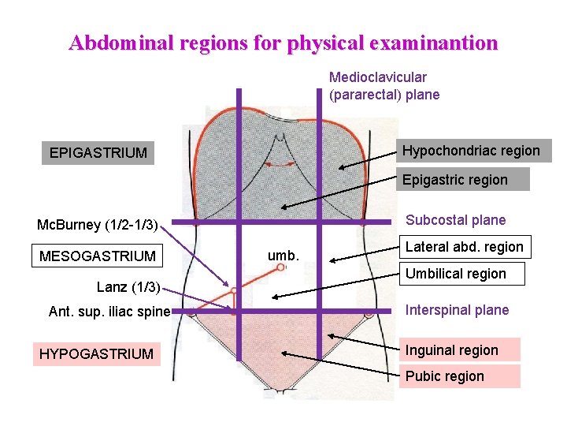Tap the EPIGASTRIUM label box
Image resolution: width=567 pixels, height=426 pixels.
pos(98,152)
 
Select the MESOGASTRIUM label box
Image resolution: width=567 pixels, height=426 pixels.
pos(98,256)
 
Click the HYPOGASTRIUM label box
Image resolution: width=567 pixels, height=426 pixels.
pos(97,354)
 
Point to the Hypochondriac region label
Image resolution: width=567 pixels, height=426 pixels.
pos(471,151)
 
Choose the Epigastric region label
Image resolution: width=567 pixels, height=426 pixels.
pos(455,180)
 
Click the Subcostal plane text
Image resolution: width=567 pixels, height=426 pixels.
pos(455,220)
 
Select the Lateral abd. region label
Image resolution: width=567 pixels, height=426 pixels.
pos(464,247)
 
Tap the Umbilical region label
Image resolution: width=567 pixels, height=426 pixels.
pos(455,274)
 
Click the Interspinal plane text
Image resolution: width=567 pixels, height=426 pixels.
pos(457,310)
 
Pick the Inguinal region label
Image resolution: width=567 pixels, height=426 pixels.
pos(451,350)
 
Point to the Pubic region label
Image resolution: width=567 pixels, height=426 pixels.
pos(444,376)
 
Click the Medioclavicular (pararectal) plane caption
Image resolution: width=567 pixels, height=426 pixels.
pos(384,86)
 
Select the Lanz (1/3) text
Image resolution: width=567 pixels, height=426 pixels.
pos(128,286)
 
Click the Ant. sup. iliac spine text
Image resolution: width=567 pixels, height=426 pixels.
pos(109,312)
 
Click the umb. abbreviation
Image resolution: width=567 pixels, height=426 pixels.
pos(282,255)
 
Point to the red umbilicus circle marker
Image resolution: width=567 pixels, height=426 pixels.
pos(281,268)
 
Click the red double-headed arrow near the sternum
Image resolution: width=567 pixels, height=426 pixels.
pos(279,165)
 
